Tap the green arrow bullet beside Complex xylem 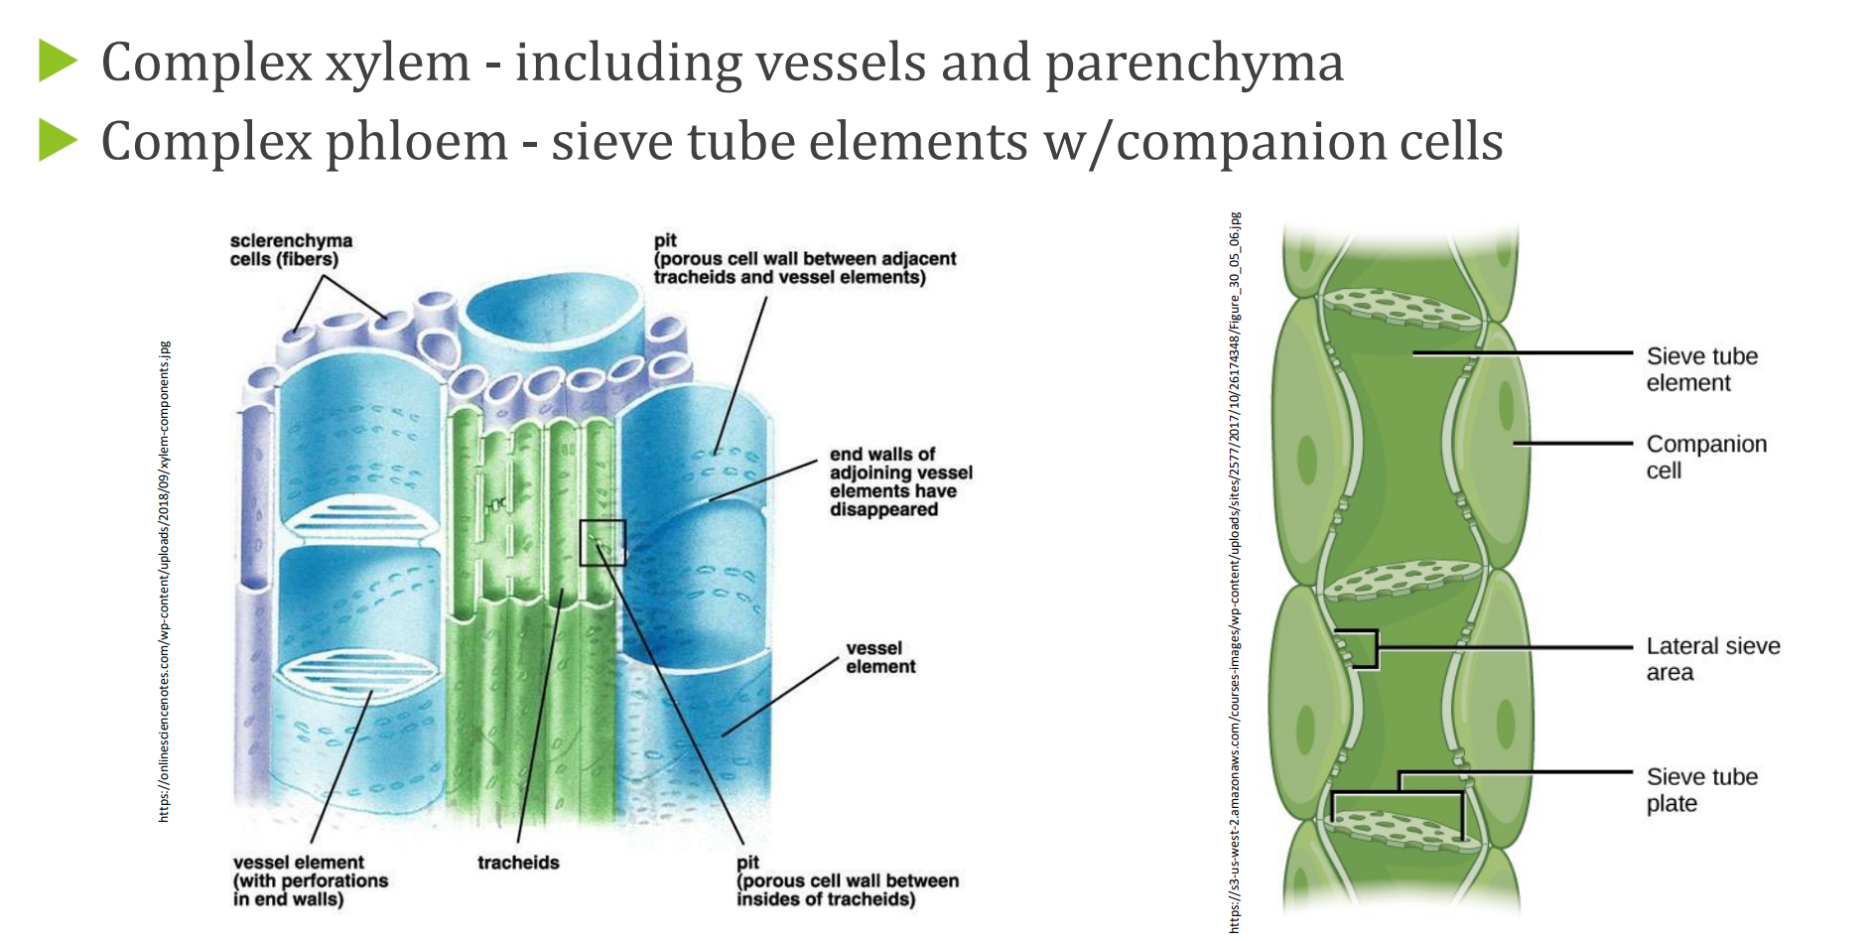58,61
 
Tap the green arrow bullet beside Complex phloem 58,140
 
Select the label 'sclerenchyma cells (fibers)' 290,250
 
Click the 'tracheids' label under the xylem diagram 518,863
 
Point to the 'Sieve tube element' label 1701,369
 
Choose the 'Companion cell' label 1705,457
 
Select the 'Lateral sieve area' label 1712,659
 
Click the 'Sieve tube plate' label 1701,790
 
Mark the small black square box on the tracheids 602,543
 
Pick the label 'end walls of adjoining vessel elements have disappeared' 899,481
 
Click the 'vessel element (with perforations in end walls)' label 310,880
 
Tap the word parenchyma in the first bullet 1194,63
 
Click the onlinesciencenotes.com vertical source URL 165,582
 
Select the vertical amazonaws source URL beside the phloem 1234,572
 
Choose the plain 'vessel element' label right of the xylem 879,657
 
